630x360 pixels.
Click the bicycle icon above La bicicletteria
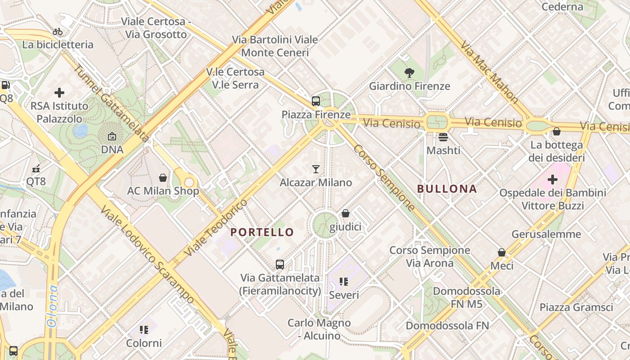pos(58,31)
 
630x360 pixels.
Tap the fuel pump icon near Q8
pos(5,85)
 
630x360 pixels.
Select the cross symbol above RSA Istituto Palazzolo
pos(59,93)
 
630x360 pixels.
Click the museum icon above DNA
pos(112,136)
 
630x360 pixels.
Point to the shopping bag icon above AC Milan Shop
pos(163,178)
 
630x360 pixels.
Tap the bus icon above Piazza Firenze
pos(315,101)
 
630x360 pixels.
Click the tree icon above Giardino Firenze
pos(409,72)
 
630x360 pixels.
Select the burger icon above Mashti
pos(443,137)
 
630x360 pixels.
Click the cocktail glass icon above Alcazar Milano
pos(316,169)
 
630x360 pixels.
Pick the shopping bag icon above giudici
pos(346,213)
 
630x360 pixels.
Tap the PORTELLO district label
pos(262,232)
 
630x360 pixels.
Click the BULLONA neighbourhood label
pos(447,189)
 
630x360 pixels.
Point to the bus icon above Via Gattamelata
pos(280,264)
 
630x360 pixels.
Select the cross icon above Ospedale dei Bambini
pos(553,180)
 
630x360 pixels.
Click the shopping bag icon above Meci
pos(502,252)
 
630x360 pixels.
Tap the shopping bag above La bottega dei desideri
pos(557,131)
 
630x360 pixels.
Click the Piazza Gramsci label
pos(576,307)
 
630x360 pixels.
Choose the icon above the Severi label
pos(344,282)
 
